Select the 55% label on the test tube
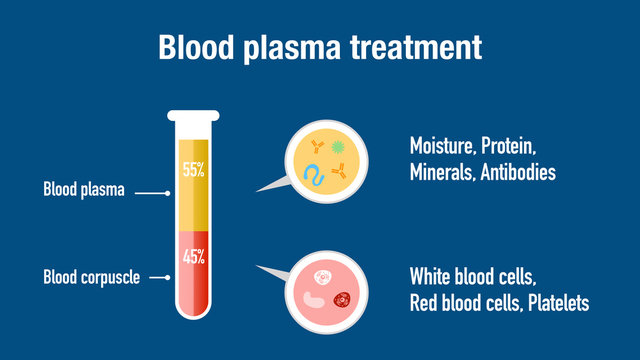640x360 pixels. click(193, 171)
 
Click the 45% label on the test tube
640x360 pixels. click(193, 256)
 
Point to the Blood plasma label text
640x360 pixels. click(83, 189)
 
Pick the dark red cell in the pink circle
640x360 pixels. click(343, 297)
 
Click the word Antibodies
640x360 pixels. click(515, 172)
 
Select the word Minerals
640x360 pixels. click(441, 172)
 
